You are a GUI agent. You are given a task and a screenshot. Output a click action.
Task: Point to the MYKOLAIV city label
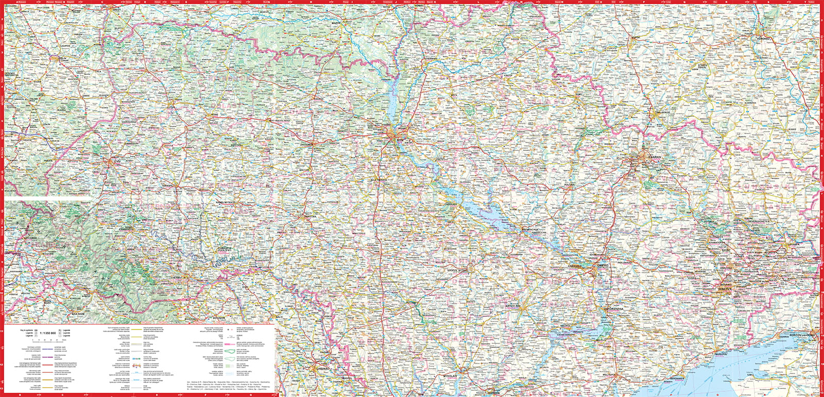click(x=451, y=376)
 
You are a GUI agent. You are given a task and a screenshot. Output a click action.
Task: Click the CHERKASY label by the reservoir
click(x=451, y=204)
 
